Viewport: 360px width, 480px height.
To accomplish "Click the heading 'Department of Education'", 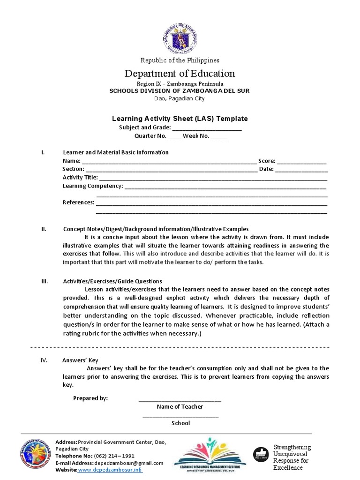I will pyautogui.click(x=180, y=74).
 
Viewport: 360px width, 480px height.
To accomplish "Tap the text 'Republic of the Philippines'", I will pyautogui.click(x=180, y=60).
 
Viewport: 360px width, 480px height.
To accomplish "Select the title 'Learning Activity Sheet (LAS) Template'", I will pyautogui.click(x=180, y=119).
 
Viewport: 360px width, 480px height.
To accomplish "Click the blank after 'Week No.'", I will pyautogui.click(x=218, y=137).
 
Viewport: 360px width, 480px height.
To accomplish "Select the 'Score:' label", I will pyautogui.click(x=267, y=161).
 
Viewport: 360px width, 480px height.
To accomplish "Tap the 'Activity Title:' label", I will pyautogui.click(x=80, y=178).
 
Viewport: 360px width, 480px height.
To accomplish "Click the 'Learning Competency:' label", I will pyautogui.click(x=93, y=186).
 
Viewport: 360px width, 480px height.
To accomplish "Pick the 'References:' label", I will pyautogui.click(x=78, y=203).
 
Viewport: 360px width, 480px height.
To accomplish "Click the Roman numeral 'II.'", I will pyautogui.click(x=44, y=229).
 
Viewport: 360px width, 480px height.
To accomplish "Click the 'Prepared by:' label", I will pyautogui.click(x=90, y=398).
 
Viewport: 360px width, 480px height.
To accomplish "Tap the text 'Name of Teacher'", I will pyautogui.click(x=180, y=407).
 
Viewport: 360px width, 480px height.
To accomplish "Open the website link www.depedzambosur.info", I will pyautogui.click(x=110, y=470).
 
